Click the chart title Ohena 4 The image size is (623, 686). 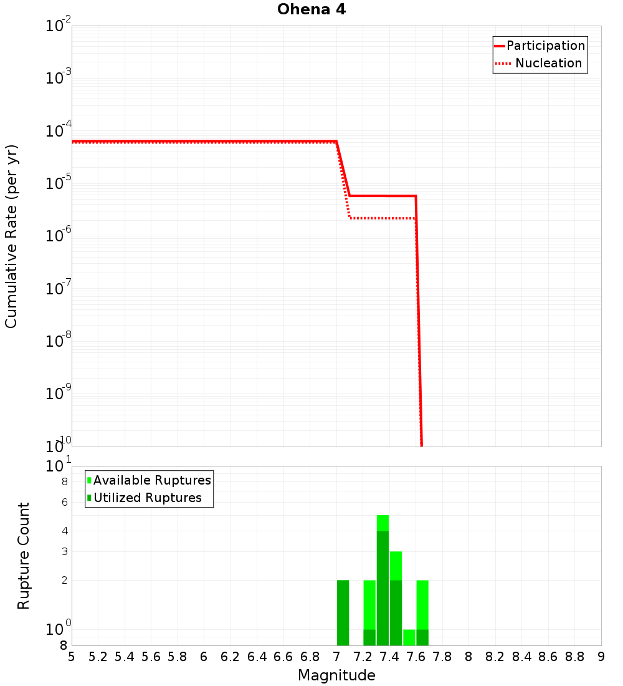pyautogui.click(x=311, y=9)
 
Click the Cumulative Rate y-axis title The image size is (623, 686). pyautogui.click(x=11, y=236)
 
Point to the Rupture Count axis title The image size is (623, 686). pyautogui.click(x=24, y=555)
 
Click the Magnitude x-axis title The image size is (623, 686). pyautogui.click(x=336, y=675)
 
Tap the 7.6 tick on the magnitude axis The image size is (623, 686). pyautogui.click(x=416, y=657)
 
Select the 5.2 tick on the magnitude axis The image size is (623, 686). pyautogui.click(x=98, y=657)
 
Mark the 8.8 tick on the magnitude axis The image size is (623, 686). pyautogui.click(x=575, y=657)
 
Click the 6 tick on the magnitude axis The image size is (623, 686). pyautogui.click(x=204, y=657)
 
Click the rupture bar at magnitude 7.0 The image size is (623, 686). pyautogui.click(x=343, y=612)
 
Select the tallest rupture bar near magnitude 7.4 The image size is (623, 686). pyautogui.click(x=383, y=580)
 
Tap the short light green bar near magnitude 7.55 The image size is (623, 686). pyautogui.click(x=409, y=637)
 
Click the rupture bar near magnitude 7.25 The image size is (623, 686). pyautogui.click(x=369, y=612)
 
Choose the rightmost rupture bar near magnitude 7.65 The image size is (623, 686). pyautogui.click(x=422, y=612)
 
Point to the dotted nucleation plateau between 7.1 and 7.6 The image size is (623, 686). pyautogui.click(x=383, y=218)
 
